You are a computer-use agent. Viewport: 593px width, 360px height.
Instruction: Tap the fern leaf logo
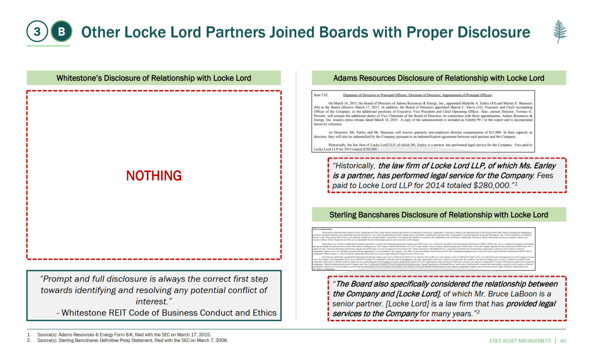tap(560, 31)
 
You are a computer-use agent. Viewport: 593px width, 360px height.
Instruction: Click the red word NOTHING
tap(154, 176)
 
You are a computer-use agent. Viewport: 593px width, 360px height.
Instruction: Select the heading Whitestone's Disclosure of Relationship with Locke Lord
tap(154, 78)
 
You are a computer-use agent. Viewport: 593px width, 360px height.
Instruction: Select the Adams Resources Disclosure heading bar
tap(439, 78)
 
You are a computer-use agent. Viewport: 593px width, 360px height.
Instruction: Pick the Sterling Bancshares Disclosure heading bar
tap(439, 215)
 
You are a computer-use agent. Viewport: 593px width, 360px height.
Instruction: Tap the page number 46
tap(563, 341)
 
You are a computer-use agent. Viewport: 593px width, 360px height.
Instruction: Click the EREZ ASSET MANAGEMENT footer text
tap(521, 341)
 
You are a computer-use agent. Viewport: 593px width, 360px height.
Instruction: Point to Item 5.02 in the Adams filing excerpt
tap(322, 95)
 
